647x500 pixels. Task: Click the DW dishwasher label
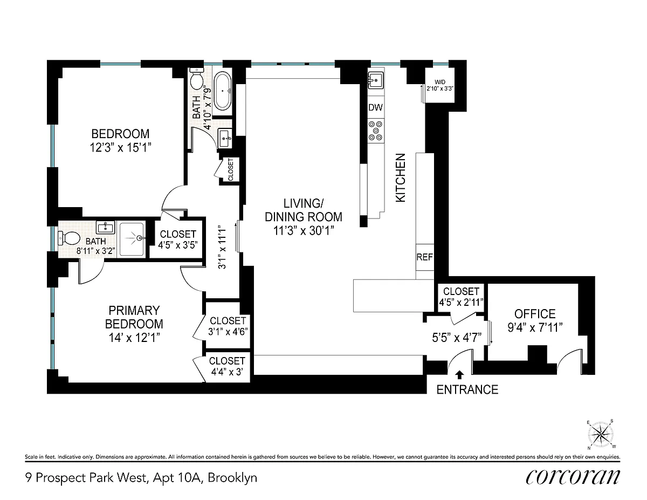(375, 107)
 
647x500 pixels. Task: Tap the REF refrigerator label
(424, 257)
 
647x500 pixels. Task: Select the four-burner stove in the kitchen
(376, 131)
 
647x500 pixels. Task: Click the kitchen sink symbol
(376, 80)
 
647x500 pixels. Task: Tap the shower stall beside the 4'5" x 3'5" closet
(132, 238)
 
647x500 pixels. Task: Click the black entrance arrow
(460, 374)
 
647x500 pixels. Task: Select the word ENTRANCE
(467, 389)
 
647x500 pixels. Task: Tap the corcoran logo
(573, 478)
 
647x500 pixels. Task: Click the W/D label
(440, 82)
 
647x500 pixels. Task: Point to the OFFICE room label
(535, 314)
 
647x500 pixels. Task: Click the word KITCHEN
(401, 178)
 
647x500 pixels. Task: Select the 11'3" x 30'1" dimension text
(303, 230)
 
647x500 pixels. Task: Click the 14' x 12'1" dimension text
(134, 338)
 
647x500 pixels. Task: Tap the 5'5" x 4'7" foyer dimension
(457, 338)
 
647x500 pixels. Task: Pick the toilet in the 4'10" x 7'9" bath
(196, 79)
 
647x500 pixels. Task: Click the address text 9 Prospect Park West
(86, 478)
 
